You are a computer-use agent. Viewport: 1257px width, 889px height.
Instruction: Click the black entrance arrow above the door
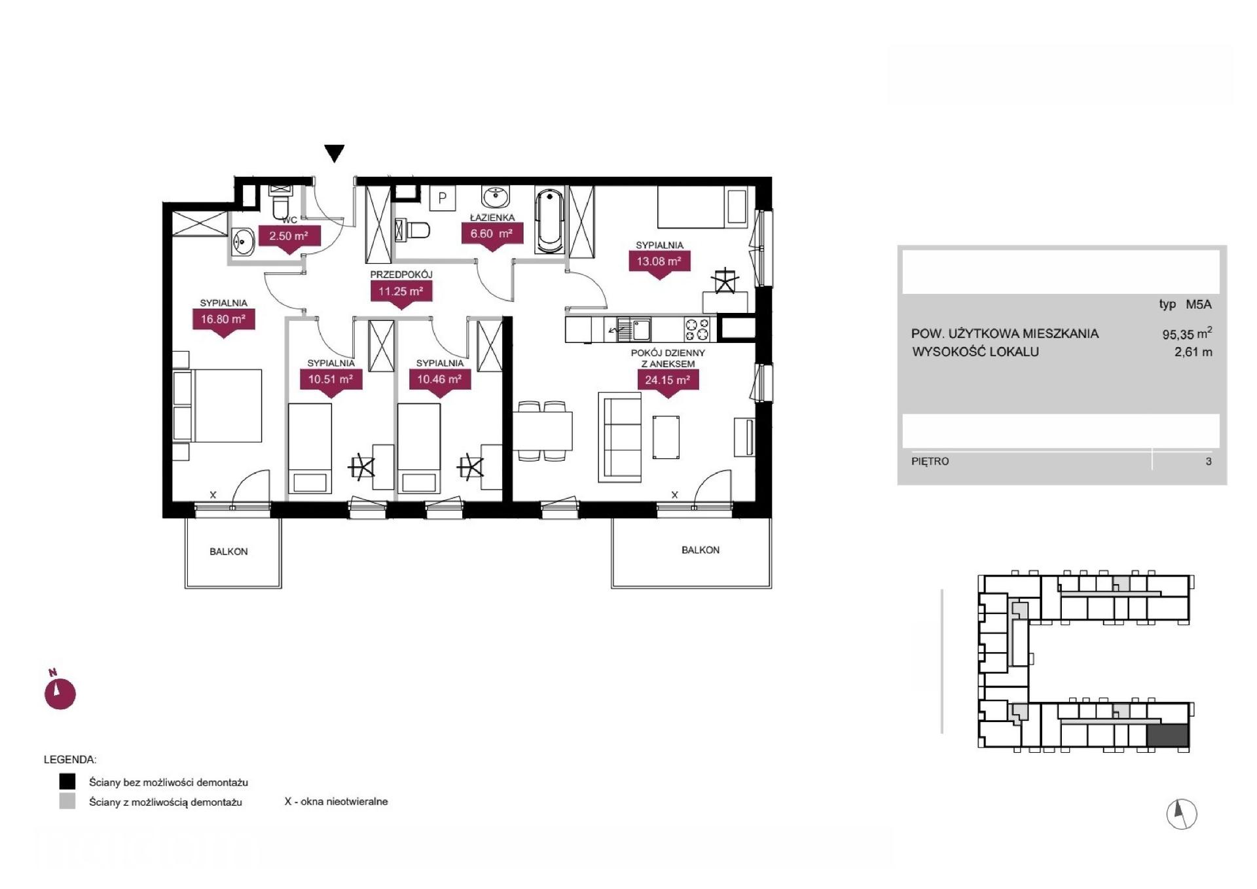(335, 153)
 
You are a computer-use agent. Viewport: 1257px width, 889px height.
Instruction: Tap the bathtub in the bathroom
(549, 221)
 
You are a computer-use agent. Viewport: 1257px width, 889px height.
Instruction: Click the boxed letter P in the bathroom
(443, 198)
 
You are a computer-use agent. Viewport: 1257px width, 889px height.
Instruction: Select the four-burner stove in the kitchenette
(697, 329)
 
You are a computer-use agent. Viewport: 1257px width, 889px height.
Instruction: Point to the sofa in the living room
(619, 438)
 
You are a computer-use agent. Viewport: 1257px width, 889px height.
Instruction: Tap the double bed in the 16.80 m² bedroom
(218, 406)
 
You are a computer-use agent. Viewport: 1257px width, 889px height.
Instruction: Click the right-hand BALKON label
(701, 551)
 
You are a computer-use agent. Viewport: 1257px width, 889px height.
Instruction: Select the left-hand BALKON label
(228, 552)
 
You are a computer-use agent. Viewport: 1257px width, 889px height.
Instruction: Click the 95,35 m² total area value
(1187, 334)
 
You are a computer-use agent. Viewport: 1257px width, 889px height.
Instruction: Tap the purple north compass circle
(60, 693)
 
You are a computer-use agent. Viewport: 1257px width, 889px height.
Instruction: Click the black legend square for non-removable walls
(67, 782)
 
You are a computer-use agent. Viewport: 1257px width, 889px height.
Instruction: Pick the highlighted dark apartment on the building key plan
(1168, 736)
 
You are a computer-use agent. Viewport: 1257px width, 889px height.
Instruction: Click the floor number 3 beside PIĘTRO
(1209, 462)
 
